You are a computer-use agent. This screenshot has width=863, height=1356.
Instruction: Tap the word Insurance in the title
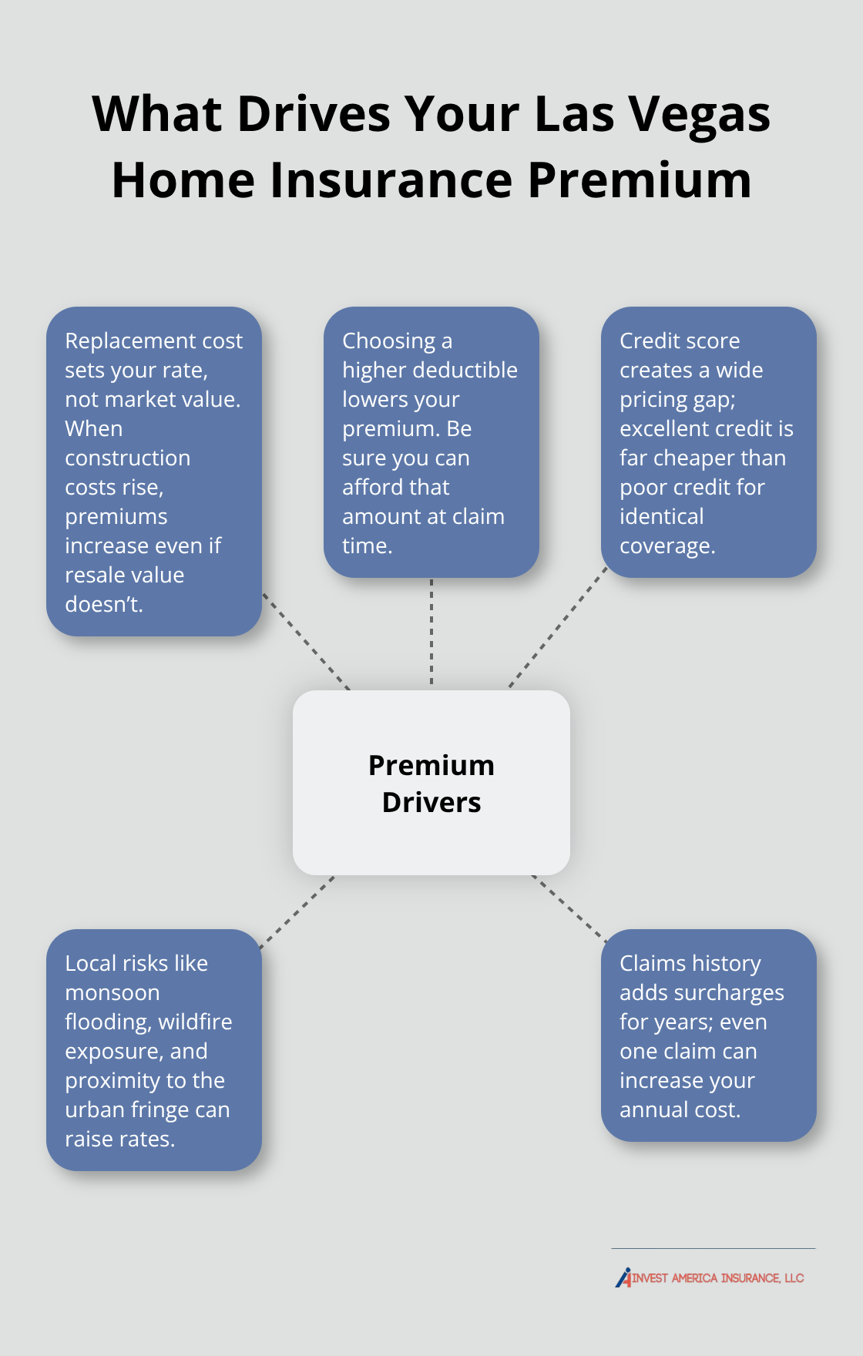[391, 180]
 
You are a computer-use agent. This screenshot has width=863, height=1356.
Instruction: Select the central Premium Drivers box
[431, 782]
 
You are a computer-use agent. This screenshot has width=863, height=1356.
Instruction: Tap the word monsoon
[112, 992]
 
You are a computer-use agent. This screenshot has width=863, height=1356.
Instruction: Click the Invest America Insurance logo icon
[623, 1277]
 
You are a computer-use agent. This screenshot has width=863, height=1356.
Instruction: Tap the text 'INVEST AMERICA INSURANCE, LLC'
[718, 1278]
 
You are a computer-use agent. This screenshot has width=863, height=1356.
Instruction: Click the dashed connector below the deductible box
[431, 632]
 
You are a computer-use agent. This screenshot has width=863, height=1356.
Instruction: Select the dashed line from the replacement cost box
[307, 641]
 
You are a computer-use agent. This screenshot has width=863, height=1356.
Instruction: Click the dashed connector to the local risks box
[297, 912]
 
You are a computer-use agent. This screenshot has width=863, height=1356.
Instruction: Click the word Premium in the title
[639, 180]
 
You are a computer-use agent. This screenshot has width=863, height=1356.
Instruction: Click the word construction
[127, 458]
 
